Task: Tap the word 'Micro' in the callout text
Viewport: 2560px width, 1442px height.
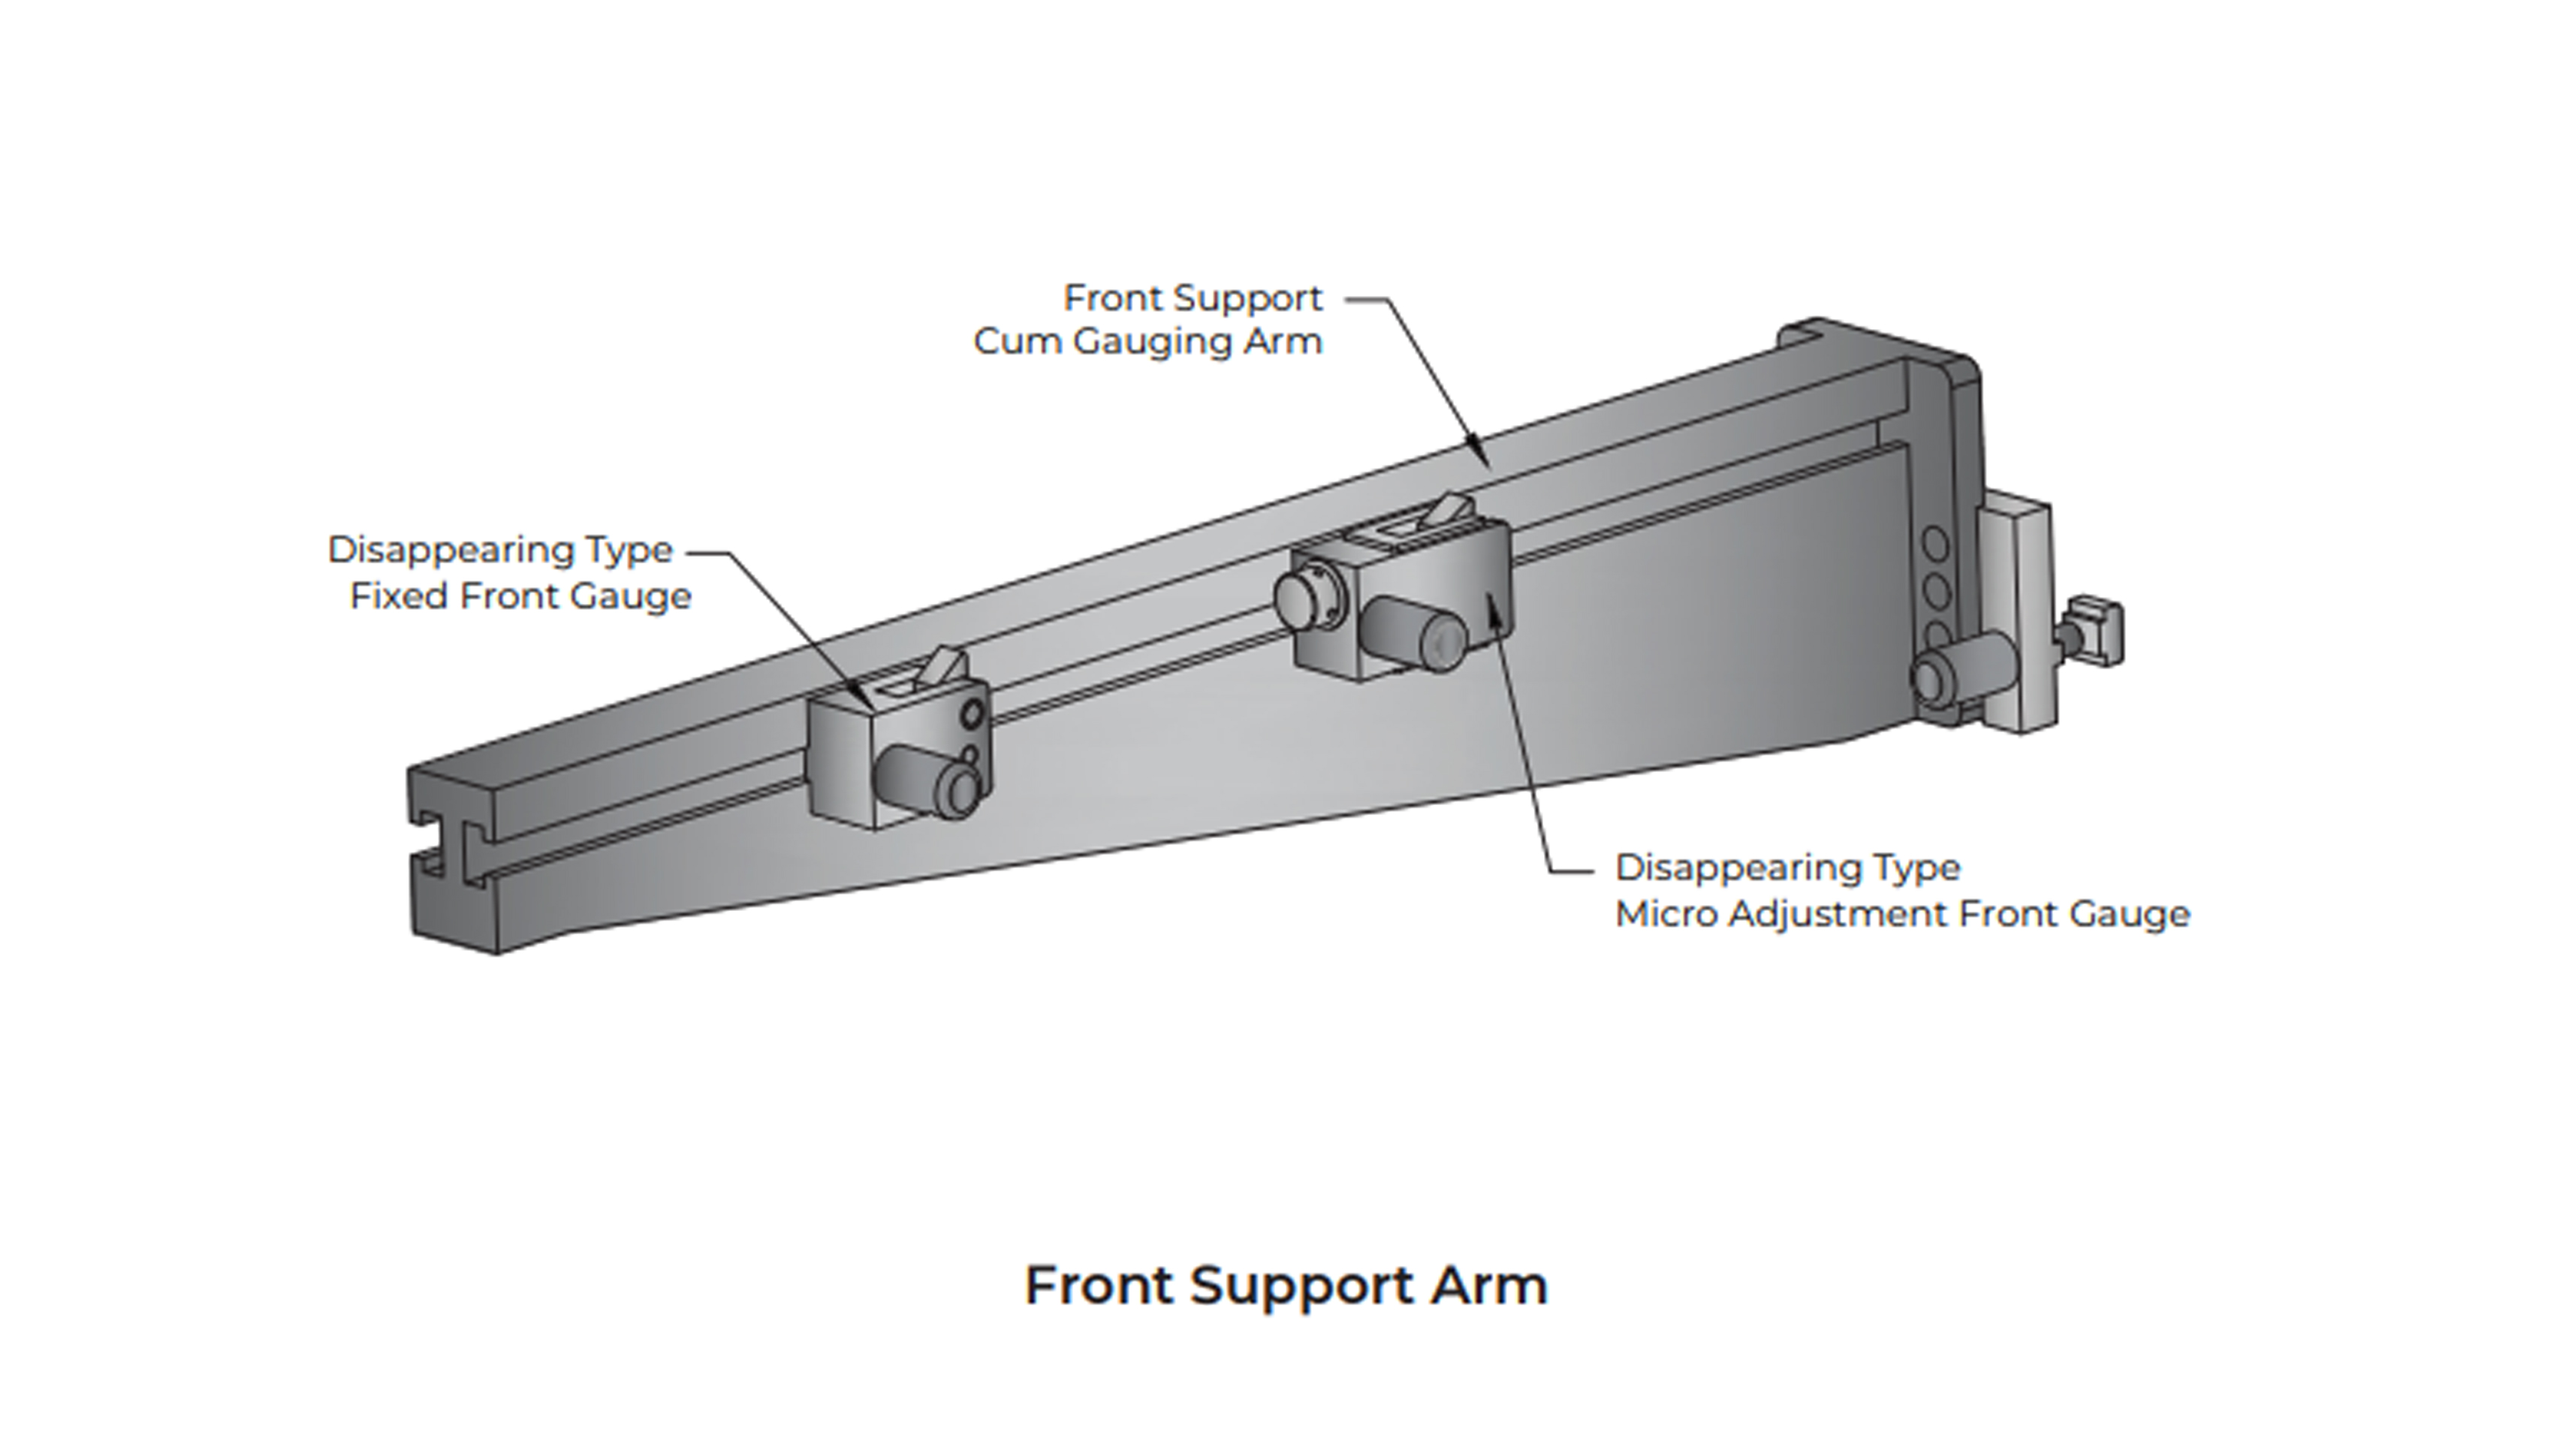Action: (1666, 914)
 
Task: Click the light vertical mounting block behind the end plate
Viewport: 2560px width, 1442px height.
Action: (2017, 616)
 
